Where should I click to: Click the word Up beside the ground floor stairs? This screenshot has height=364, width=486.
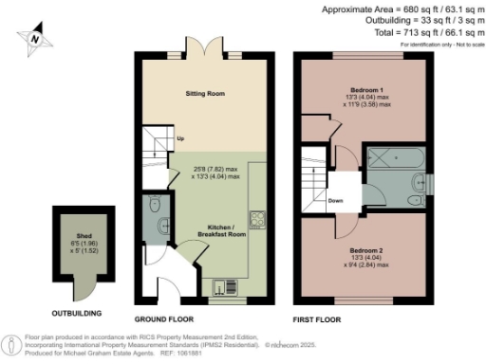(180, 139)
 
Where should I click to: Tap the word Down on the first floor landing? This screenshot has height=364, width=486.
(334, 200)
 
